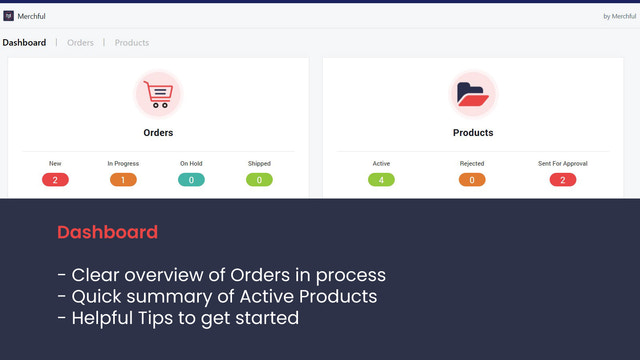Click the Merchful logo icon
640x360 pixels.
(x=9, y=16)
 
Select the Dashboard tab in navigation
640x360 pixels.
(x=24, y=43)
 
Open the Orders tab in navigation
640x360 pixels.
(x=80, y=43)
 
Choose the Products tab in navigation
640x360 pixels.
(x=132, y=43)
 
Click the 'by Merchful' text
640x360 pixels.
(x=619, y=16)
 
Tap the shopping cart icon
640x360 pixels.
(x=158, y=94)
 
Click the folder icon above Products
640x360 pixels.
(x=473, y=94)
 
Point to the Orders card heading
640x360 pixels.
(x=158, y=132)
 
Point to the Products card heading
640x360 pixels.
(x=473, y=132)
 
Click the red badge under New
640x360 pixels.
(x=55, y=180)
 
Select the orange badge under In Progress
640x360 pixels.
(x=123, y=180)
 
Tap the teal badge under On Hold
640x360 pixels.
(x=191, y=180)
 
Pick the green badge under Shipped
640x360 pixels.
(x=259, y=180)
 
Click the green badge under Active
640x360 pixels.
(x=381, y=180)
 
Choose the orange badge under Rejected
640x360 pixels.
(x=472, y=180)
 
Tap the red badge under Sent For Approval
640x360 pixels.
(x=563, y=180)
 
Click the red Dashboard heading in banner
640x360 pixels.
(x=107, y=232)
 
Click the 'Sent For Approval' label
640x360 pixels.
(x=563, y=163)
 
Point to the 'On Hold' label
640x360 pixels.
(x=191, y=163)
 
